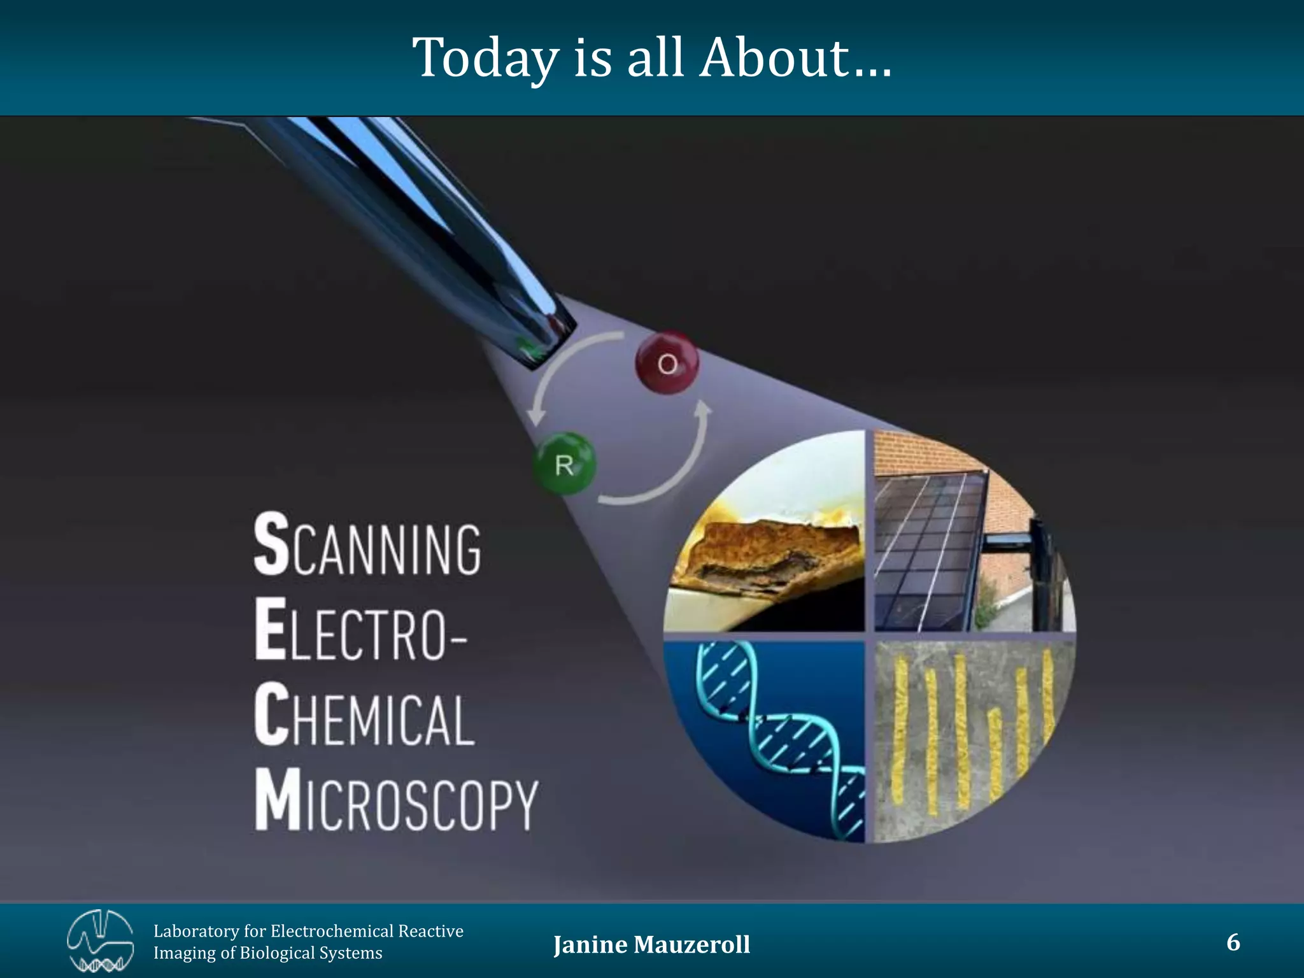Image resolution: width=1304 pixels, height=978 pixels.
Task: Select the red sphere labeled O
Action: click(x=667, y=363)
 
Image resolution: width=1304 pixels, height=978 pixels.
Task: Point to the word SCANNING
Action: click(x=367, y=546)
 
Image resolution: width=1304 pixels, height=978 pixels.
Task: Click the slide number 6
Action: click(x=1233, y=942)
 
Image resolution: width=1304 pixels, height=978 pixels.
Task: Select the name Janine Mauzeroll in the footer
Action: click(x=651, y=945)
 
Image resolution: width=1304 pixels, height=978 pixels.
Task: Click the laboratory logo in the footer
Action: click(x=100, y=942)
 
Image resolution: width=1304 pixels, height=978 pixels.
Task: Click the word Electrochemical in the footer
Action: click(x=332, y=932)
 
